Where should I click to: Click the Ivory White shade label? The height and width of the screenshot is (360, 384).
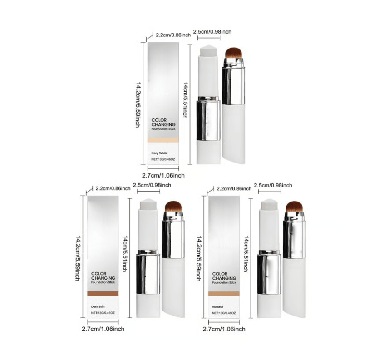(159, 153)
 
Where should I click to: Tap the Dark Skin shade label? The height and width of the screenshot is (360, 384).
(98, 307)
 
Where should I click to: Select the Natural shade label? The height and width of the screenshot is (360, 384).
(217, 307)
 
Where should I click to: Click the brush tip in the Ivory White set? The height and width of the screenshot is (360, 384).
(234, 54)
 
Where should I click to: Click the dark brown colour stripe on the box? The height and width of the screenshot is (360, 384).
(103, 294)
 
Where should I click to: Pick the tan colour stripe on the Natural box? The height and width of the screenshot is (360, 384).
(223, 294)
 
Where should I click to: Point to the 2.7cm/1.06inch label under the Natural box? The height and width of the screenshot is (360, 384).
(224, 329)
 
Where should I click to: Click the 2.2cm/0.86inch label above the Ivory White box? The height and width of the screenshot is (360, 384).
(173, 35)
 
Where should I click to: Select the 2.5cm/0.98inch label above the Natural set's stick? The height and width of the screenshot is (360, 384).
(273, 185)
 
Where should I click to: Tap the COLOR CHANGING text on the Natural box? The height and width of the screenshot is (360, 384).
(224, 276)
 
